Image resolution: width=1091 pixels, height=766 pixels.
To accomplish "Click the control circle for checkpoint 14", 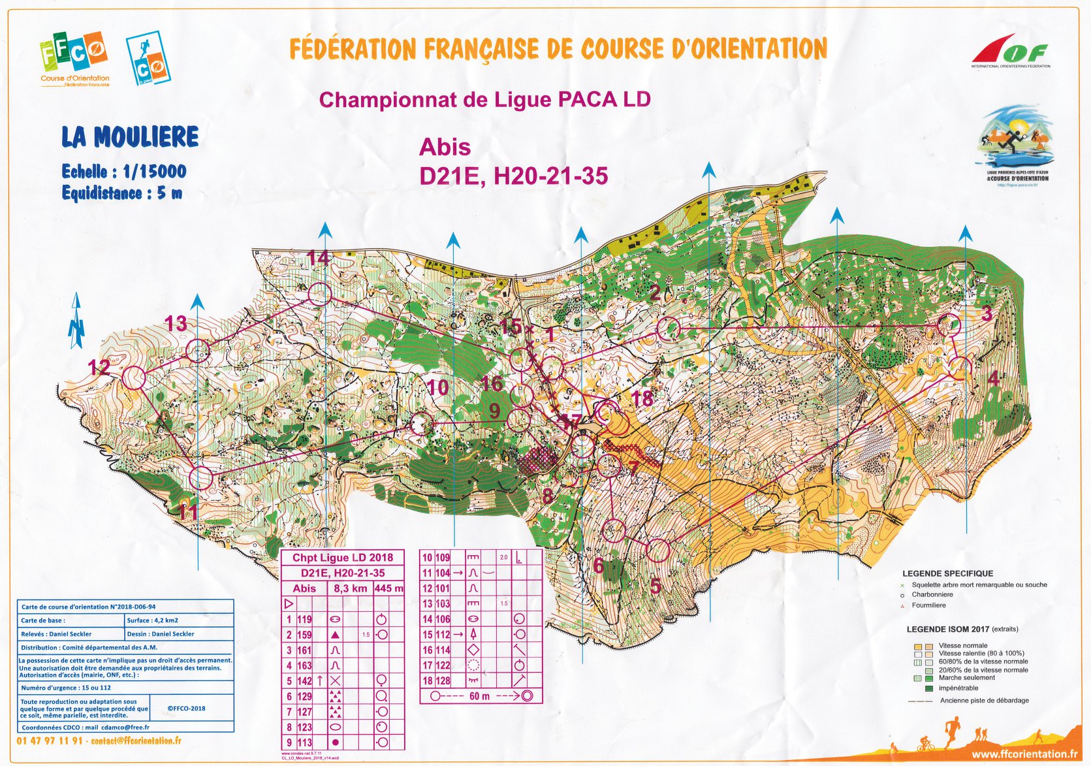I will pyautogui.click(x=319, y=295).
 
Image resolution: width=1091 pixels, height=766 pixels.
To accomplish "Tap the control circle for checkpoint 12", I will pyautogui.click(x=134, y=378).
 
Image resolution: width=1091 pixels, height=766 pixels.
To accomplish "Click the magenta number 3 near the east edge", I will pyautogui.click(x=987, y=313).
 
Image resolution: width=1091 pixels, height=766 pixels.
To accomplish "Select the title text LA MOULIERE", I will pyautogui.click(x=130, y=137).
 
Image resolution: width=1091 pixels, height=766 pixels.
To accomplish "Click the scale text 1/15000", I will pyautogui.click(x=154, y=172).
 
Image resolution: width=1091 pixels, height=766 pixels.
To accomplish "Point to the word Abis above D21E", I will pyautogui.click(x=445, y=148).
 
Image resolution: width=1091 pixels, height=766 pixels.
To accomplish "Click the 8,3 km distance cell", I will pyautogui.click(x=350, y=588).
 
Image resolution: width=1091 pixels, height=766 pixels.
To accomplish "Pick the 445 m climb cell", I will pyautogui.click(x=388, y=588).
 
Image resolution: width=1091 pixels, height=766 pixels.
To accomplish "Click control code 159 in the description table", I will pyautogui.click(x=305, y=635).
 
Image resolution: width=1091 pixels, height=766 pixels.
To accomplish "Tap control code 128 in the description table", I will pyautogui.click(x=443, y=680).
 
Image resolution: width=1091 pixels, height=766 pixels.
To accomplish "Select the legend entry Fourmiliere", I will pyautogui.click(x=928, y=605).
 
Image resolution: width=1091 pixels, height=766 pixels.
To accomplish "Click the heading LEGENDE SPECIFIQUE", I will pyautogui.click(x=947, y=573).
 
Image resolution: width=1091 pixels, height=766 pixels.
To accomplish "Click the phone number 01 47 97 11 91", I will pyautogui.click(x=50, y=741).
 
